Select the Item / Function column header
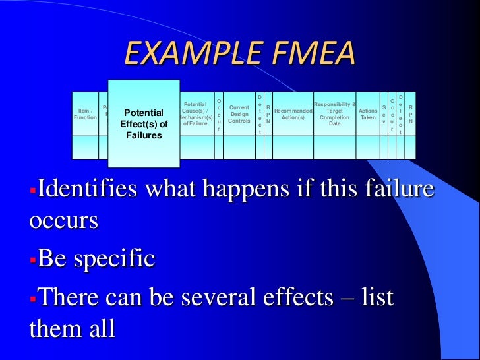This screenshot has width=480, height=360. coord(85,113)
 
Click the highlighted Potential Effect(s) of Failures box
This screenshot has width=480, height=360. coord(144,124)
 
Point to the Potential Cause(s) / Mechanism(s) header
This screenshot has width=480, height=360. coord(195,113)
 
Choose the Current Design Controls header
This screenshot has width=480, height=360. coord(239,113)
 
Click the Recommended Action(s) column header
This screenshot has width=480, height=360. coord(293,113)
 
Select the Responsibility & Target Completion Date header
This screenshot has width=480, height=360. coord(335,113)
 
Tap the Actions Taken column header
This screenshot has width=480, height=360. coord(368,113)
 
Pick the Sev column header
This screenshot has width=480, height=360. coord(384,113)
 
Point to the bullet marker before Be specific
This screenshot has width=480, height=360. coord(33,258)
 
